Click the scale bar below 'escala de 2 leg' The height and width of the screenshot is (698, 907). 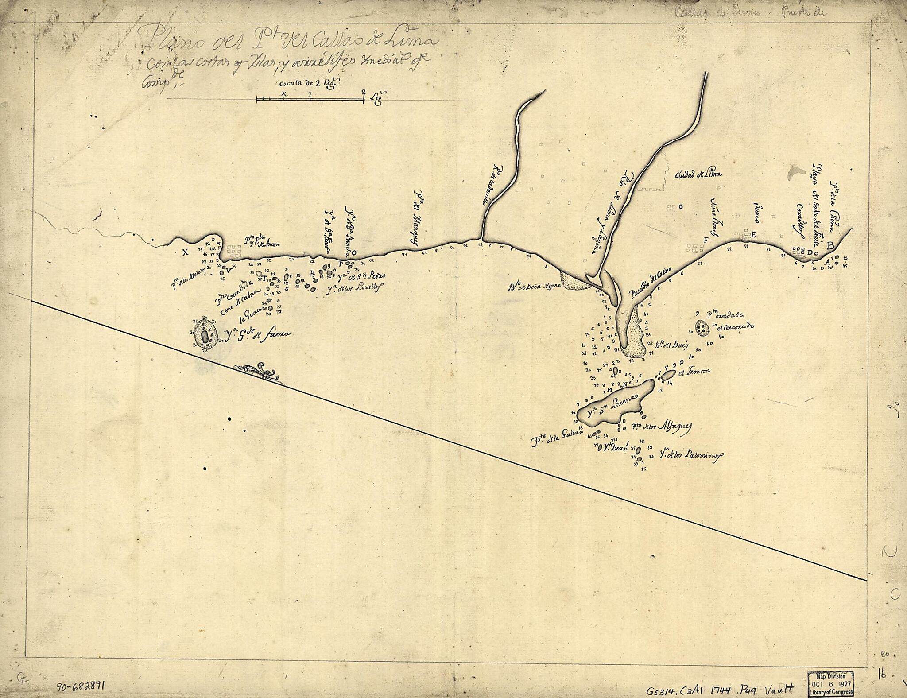pos(310,100)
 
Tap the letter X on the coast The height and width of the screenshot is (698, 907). pos(186,252)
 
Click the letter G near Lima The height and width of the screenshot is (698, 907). pos(681,207)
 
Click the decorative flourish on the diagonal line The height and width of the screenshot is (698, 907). pos(259,371)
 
